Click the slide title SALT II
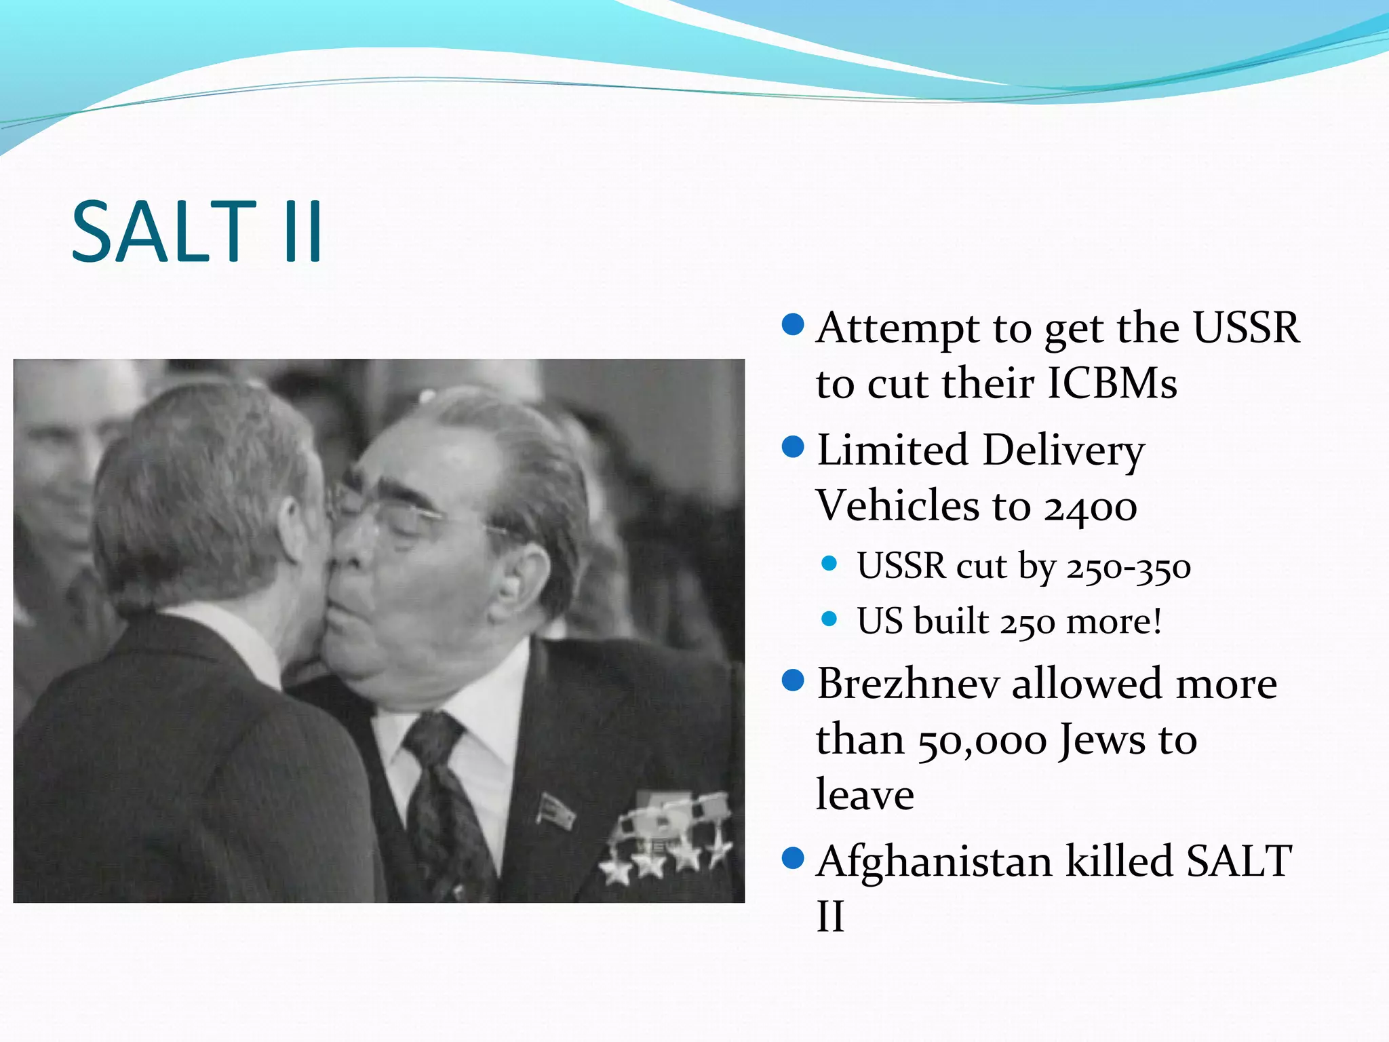[x=197, y=232]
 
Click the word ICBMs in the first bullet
[x=1112, y=383]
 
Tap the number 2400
[x=1091, y=507]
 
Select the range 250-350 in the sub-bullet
[x=1129, y=566]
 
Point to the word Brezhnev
[x=908, y=684]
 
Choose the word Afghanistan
[x=935, y=862]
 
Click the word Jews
[x=1103, y=739]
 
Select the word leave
[x=865, y=795]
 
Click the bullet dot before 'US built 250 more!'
[x=829, y=619]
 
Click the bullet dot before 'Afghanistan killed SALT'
[x=792, y=859]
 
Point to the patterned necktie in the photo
[x=444, y=800]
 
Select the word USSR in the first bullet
[x=1246, y=328]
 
